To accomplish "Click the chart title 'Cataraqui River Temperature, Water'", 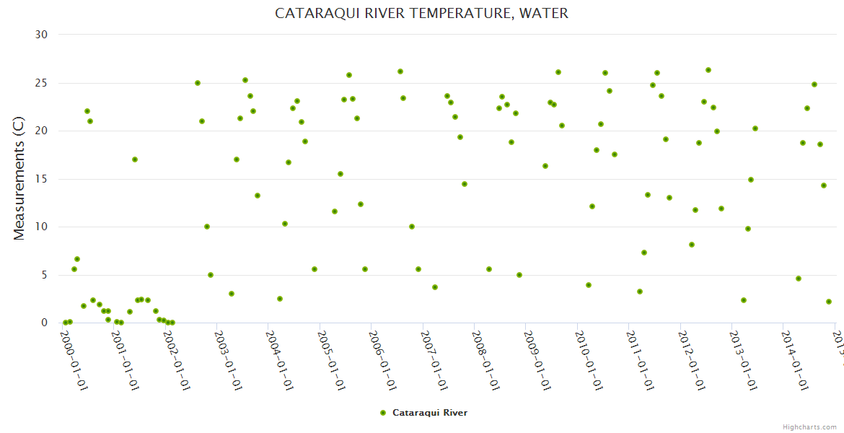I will [421, 14].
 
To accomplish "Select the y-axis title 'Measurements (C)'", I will [19, 178].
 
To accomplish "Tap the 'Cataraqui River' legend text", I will [430, 413].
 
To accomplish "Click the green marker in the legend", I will [383, 413].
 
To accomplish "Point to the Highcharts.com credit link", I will [809, 427].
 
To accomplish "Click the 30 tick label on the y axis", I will [41, 35].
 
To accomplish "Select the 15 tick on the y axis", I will [41, 179].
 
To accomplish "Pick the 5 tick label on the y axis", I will [44, 275].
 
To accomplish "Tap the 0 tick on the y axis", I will [44, 323].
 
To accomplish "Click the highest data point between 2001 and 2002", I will [135, 159].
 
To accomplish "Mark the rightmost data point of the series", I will [829, 302].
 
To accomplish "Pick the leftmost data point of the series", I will [66, 323].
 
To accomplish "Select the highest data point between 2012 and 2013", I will [708, 70].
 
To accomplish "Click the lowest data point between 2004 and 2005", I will [280, 299].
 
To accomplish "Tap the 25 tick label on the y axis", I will [41, 83].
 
